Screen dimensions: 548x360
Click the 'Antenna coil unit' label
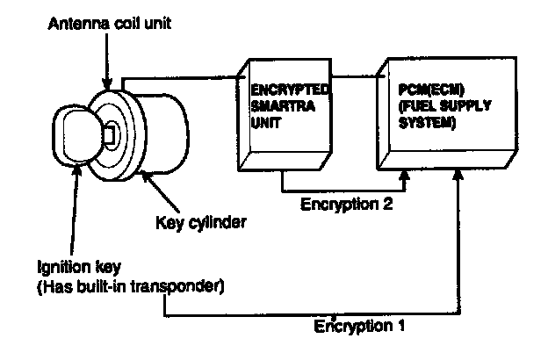click(110, 24)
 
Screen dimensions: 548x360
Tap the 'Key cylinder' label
click(201, 223)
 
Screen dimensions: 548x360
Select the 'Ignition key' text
click(79, 268)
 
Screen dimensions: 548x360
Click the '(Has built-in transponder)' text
click(130, 287)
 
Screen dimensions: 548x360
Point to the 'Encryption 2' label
click(346, 204)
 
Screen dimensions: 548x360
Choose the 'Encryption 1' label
click(359, 326)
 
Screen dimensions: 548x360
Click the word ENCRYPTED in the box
click(290, 90)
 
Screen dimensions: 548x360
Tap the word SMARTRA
click(283, 106)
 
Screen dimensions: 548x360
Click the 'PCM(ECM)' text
click(431, 90)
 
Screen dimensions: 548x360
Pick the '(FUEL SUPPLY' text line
click(445, 106)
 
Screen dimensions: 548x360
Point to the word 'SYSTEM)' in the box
click(427, 123)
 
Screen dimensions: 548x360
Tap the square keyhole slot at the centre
click(110, 134)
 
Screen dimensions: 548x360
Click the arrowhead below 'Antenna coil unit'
click(107, 84)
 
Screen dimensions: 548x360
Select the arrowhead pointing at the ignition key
click(77, 169)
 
